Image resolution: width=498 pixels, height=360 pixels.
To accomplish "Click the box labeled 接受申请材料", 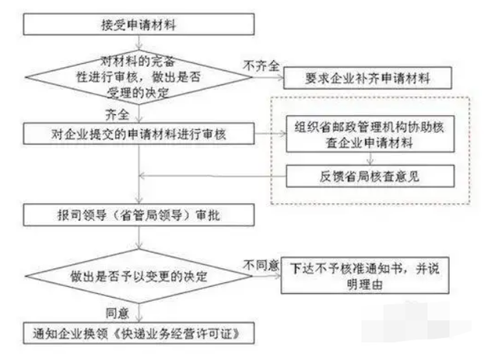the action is (x=139, y=24).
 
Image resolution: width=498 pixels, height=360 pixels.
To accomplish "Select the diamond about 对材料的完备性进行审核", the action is (x=139, y=77).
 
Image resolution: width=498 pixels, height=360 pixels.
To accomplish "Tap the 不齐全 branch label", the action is (x=261, y=66).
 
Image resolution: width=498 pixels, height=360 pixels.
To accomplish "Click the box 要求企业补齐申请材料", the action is (x=367, y=78).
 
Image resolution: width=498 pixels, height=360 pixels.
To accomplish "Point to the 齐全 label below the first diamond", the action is (x=117, y=114).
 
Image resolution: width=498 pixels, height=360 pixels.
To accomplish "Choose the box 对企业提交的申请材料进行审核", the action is (x=139, y=134).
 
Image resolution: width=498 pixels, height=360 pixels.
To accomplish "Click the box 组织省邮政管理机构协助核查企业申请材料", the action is (x=370, y=134).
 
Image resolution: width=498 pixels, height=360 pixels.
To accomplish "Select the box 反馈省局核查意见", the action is (x=370, y=176).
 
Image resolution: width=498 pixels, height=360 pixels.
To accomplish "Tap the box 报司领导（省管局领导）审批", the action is (x=139, y=215).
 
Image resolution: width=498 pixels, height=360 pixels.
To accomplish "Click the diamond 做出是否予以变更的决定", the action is (x=139, y=276).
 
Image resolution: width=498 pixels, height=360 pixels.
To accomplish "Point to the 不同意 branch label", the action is (x=261, y=265).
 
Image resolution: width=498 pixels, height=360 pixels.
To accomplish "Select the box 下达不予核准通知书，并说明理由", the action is (x=365, y=275).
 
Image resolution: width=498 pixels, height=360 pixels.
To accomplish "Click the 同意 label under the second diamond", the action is (x=117, y=313).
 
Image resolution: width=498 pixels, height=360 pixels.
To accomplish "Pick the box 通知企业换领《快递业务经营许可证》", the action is (x=139, y=333).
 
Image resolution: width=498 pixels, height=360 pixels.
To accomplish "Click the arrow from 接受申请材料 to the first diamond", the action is (x=139, y=42).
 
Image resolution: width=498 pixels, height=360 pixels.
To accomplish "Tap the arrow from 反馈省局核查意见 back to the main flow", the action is (x=212, y=176).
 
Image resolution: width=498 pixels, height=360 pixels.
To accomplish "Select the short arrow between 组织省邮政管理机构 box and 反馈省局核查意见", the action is (x=370, y=159).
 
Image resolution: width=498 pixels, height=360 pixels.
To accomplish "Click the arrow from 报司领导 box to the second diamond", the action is (x=139, y=237).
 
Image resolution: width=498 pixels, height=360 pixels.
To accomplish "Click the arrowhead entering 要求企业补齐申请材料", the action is (x=280, y=78).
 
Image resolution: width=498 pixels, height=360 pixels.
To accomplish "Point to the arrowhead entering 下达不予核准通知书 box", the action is (x=278, y=275).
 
